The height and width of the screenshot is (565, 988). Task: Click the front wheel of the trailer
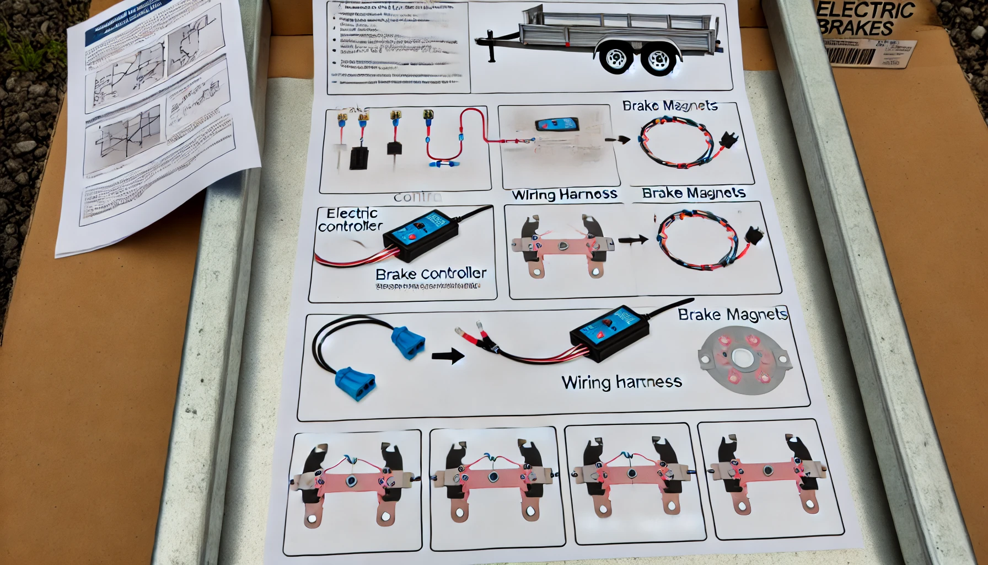[615, 57]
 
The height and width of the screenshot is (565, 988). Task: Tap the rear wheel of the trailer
[658, 60]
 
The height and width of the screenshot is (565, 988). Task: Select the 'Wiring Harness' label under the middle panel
[564, 194]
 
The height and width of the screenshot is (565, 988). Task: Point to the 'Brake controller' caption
[431, 274]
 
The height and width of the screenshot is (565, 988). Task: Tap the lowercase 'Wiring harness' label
[621, 382]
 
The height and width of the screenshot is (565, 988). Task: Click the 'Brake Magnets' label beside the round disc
[732, 315]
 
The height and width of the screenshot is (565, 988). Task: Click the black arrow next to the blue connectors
[448, 356]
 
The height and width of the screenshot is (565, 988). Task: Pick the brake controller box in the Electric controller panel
[421, 236]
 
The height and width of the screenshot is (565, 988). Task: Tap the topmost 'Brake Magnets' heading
[669, 105]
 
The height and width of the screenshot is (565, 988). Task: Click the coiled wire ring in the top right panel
[676, 142]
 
